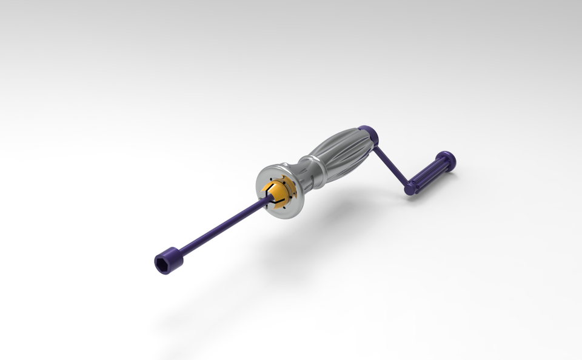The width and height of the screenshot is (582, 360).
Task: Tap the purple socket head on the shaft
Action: tap(170, 261)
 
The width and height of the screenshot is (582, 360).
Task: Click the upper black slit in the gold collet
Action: tap(272, 188)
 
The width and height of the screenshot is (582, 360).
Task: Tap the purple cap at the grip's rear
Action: tap(367, 133)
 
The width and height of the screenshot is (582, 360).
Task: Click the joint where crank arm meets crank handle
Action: tap(411, 187)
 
